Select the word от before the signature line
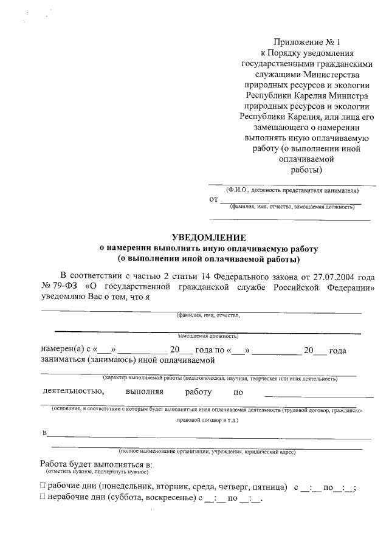pyautogui.click(x=213, y=199)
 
